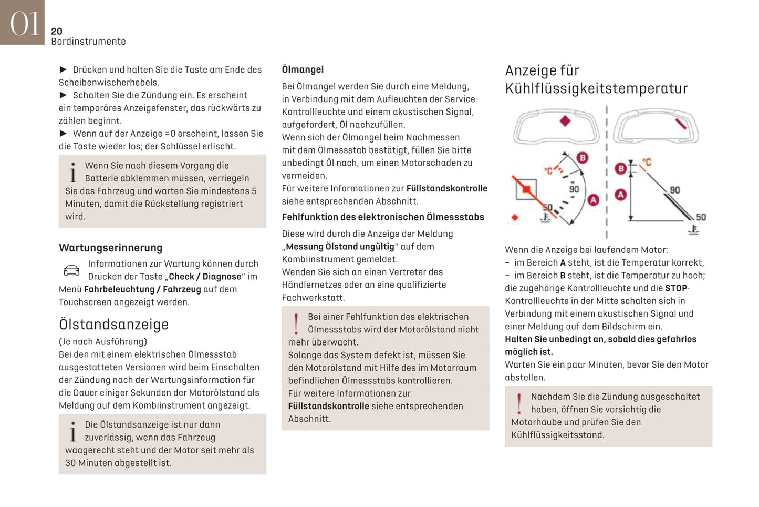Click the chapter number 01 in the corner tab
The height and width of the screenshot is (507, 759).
24,23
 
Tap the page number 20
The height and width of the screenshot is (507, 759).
57,32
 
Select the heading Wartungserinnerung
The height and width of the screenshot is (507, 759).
110,248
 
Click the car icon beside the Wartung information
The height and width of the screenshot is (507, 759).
71,270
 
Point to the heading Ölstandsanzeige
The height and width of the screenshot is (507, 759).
113,325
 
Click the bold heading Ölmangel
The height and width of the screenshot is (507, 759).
303,69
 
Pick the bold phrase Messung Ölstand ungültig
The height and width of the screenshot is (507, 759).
340,247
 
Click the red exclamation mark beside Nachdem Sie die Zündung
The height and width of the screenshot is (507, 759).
519,403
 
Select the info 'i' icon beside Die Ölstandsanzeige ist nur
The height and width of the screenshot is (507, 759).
73,431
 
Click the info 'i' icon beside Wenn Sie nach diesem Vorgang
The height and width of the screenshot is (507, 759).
73,172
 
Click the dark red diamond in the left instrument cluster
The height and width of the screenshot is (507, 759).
565,121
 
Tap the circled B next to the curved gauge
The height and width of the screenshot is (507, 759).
582,158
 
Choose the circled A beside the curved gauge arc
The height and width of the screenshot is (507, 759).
593,200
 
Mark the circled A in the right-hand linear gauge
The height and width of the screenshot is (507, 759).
620,195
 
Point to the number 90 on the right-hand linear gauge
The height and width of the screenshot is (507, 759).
674,190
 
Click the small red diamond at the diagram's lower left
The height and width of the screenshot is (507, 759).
515,217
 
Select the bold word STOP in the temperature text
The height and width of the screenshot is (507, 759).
676,288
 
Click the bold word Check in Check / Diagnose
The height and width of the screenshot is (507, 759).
182,277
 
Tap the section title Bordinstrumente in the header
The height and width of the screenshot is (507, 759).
88,42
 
